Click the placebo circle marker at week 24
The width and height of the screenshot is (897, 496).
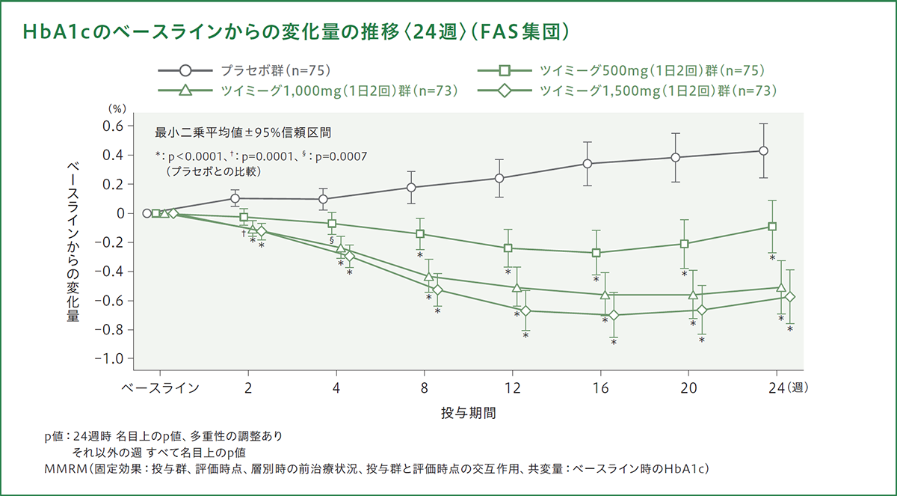(763, 150)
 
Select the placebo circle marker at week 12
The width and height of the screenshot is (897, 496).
(499, 178)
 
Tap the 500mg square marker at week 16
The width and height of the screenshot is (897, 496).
(597, 253)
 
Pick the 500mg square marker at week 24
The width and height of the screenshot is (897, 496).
(772, 227)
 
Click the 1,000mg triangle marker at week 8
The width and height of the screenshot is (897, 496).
(429, 277)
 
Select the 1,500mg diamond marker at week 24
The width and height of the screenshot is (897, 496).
(790, 297)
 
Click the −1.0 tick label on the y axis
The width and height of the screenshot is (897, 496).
(109, 358)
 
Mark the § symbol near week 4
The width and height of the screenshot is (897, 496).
(330, 241)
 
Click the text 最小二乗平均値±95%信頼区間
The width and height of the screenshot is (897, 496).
(243, 133)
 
